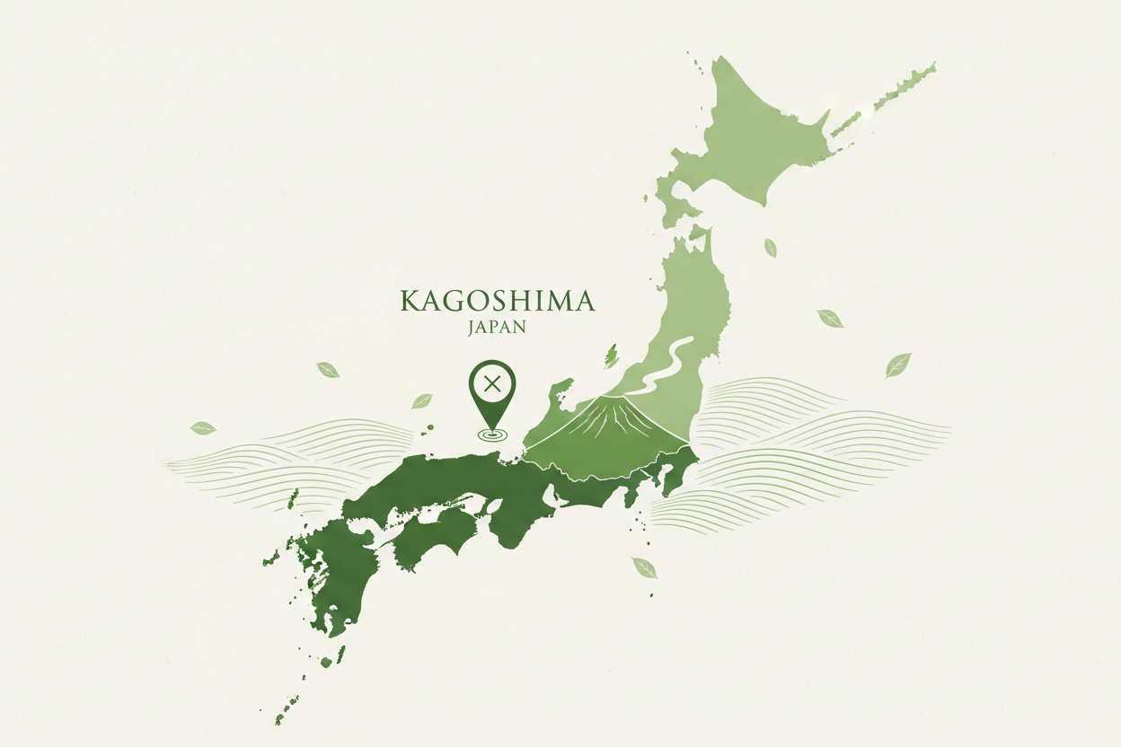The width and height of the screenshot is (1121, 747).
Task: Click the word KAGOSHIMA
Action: (497, 301)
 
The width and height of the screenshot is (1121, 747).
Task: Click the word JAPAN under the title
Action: (497, 328)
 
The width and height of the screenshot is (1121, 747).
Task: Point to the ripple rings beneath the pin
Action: (491, 435)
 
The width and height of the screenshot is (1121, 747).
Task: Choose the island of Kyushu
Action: (337, 575)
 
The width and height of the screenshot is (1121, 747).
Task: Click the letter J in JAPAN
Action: (472, 328)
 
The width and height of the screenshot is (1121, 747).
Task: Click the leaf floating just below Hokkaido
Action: (770, 247)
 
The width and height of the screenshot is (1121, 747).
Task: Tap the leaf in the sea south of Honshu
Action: (644, 567)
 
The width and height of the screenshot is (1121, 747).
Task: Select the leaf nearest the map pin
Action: (422, 400)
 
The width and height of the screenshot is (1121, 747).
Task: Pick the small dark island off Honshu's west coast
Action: (612, 356)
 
